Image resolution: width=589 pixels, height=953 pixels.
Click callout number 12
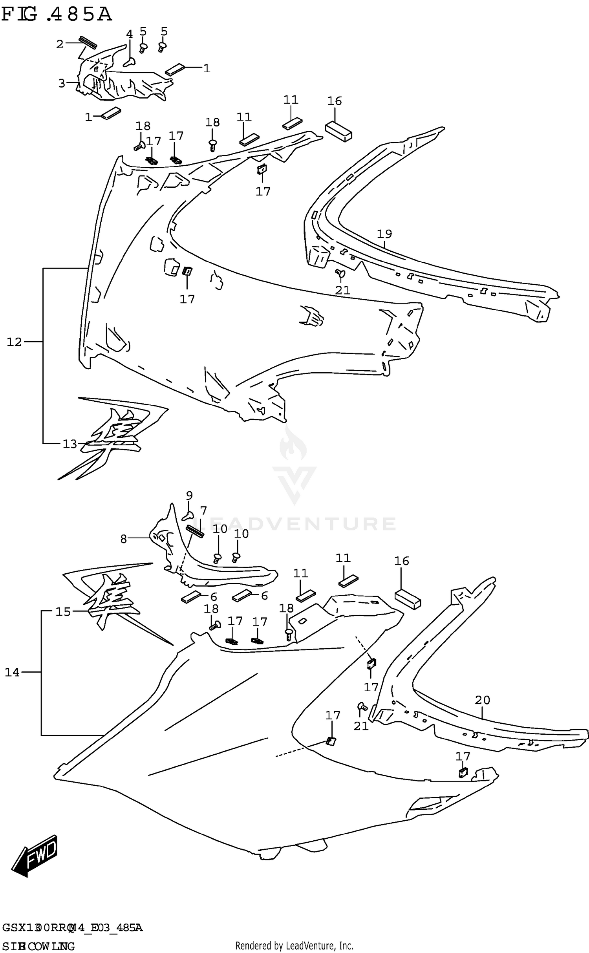click(x=14, y=342)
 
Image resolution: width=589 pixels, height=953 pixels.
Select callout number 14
click(x=12, y=672)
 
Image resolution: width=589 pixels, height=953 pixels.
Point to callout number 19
click(x=384, y=234)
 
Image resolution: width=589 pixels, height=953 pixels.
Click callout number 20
click(x=482, y=700)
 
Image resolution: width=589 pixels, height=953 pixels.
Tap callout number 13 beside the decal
click(x=70, y=444)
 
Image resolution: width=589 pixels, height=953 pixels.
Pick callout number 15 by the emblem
click(x=63, y=611)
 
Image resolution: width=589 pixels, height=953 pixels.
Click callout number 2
click(x=60, y=44)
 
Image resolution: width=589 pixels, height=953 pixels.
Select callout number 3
click(x=62, y=83)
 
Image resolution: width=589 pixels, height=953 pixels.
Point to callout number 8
click(x=124, y=539)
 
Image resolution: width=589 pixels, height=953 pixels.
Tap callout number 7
click(x=203, y=511)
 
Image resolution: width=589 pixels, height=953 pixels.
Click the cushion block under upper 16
click(x=338, y=131)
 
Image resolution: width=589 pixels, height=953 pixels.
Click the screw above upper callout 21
click(x=340, y=273)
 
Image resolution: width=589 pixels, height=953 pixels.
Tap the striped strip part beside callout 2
click(x=88, y=42)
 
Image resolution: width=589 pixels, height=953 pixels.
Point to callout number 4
click(x=129, y=34)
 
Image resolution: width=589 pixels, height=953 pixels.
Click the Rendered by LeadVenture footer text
click(x=294, y=945)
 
